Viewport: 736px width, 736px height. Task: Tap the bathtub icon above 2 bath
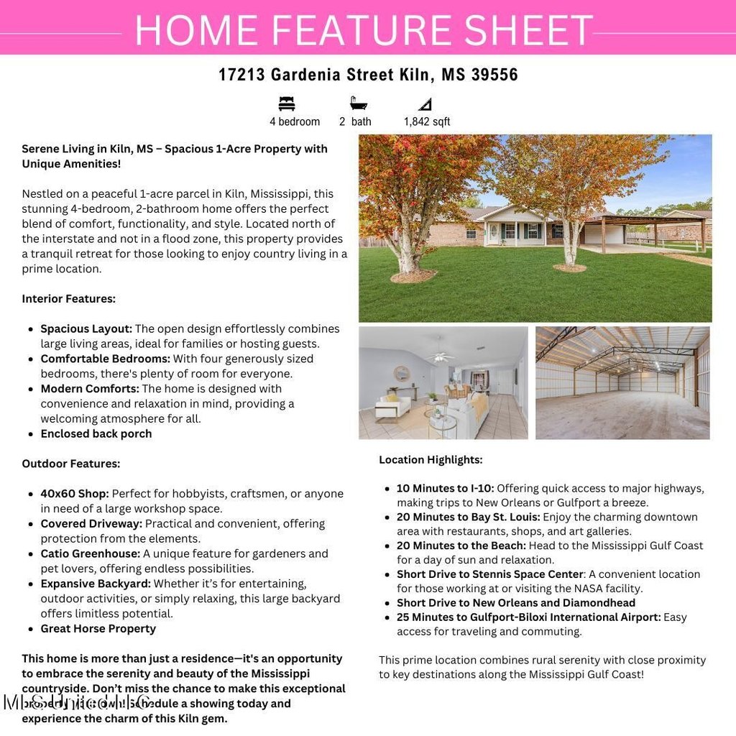click(358, 103)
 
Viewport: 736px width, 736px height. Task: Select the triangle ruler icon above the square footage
click(425, 103)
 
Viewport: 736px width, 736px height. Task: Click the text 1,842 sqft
click(427, 121)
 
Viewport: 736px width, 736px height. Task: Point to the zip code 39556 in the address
click(494, 75)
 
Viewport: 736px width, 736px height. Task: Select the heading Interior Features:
click(68, 298)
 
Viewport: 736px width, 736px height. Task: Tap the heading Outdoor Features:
click(70, 464)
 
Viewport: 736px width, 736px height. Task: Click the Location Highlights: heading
click(431, 459)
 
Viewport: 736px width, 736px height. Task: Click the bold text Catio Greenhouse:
click(90, 553)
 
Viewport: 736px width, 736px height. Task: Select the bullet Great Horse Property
click(98, 628)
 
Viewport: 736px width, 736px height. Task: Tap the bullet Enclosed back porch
click(96, 433)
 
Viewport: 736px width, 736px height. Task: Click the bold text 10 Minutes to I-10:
click(445, 488)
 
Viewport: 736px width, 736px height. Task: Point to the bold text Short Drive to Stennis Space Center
click(489, 574)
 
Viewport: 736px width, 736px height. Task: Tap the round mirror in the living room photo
click(402, 374)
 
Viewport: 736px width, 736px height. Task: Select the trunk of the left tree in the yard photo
click(408, 251)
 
